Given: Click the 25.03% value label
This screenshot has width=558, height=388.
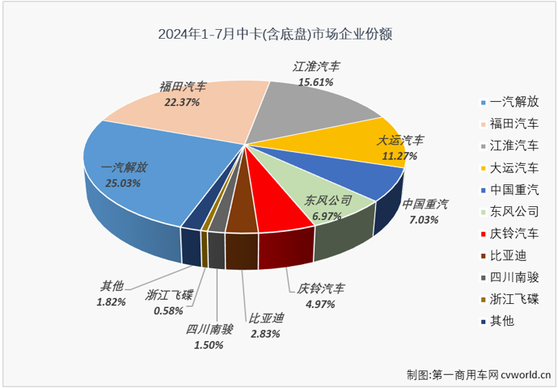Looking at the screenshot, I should [x=122, y=183].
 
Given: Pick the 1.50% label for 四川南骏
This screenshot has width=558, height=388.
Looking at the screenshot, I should [x=205, y=345].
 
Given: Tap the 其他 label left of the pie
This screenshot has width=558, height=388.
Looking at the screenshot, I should [x=112, y=286].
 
